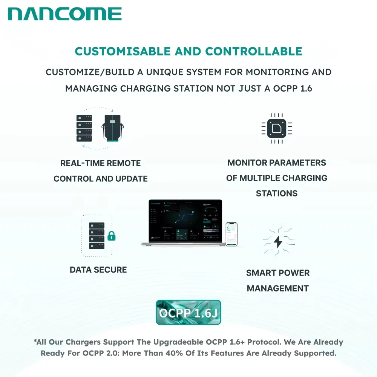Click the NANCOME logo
(x=64, y=14)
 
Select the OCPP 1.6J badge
(x=188, y=313)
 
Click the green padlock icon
(x=111, y=236)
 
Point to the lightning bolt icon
(x=278, y=241)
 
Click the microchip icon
(x=276, y=128)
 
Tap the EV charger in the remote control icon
(x=112, y=128)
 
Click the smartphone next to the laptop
(x=231, y=234)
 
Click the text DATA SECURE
(x=98, y=270)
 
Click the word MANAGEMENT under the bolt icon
(x=278, y=288)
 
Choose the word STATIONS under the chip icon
(x=277, y=193)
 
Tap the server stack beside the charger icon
(x=84, y=129)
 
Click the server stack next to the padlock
(x=97, y=235)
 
